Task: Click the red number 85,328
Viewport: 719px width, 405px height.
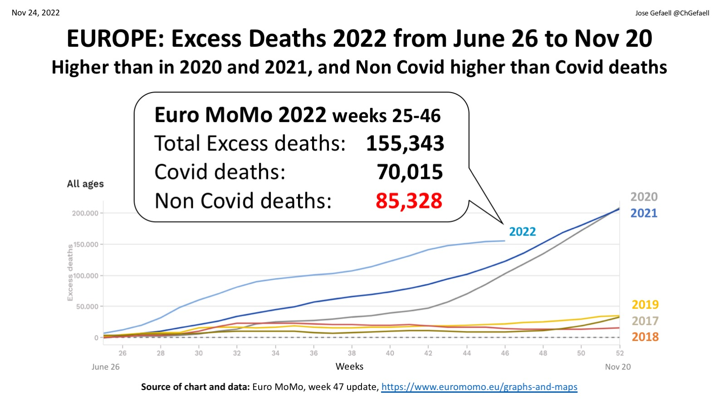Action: (x=409, y=201)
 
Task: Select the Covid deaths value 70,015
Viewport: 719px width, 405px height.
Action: (x=410, y=172)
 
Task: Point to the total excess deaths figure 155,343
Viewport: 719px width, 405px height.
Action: (x=405, y=143)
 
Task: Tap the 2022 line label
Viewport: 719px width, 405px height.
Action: (x=522, y=232)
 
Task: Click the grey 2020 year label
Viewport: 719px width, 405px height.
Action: (x=644, y=197)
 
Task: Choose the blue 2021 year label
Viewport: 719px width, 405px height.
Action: (x=644, y=213)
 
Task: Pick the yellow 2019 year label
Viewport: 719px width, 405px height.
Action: (x=645, y=304)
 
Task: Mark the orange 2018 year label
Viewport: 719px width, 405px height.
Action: (x=645, y=337)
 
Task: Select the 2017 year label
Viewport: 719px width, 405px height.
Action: (x=645, y=321)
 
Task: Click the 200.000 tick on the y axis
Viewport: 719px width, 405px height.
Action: (x=85, y=213)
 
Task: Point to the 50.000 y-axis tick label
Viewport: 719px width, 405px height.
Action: (x=87, y=306)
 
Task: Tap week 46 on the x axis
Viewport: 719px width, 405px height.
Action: (x=505, y=353)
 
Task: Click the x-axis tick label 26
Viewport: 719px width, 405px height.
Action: (x=122, y=353)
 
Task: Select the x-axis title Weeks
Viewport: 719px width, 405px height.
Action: (x=349, y=366)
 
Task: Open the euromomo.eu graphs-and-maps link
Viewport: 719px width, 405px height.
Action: (x=479, y=387)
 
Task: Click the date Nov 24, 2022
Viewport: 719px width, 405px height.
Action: (x=36, y=13)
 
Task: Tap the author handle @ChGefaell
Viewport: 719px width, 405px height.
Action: (x=691, y=13)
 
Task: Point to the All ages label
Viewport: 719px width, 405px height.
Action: (x=85, y=184)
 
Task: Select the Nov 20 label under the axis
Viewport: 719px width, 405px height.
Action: (x=617, y=367)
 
